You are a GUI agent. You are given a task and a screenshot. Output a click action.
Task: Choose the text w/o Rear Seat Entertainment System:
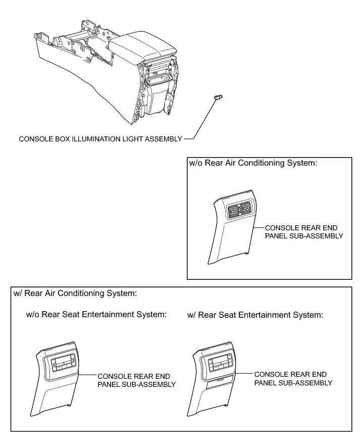(96, 315)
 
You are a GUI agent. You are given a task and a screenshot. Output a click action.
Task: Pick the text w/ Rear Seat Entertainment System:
(254, 315)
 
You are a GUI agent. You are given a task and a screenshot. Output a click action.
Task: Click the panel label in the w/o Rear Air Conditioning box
(304, 231)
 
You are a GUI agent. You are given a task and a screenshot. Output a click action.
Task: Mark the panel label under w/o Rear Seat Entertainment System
(136, 380)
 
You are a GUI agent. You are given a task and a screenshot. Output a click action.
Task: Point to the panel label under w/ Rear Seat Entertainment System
(293, 378)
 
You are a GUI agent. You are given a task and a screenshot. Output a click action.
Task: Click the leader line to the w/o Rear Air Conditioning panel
(258, 228)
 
